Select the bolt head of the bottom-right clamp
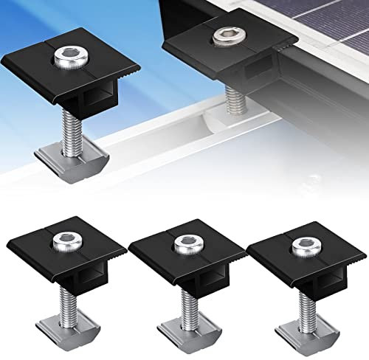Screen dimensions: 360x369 (x=300, y=245)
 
